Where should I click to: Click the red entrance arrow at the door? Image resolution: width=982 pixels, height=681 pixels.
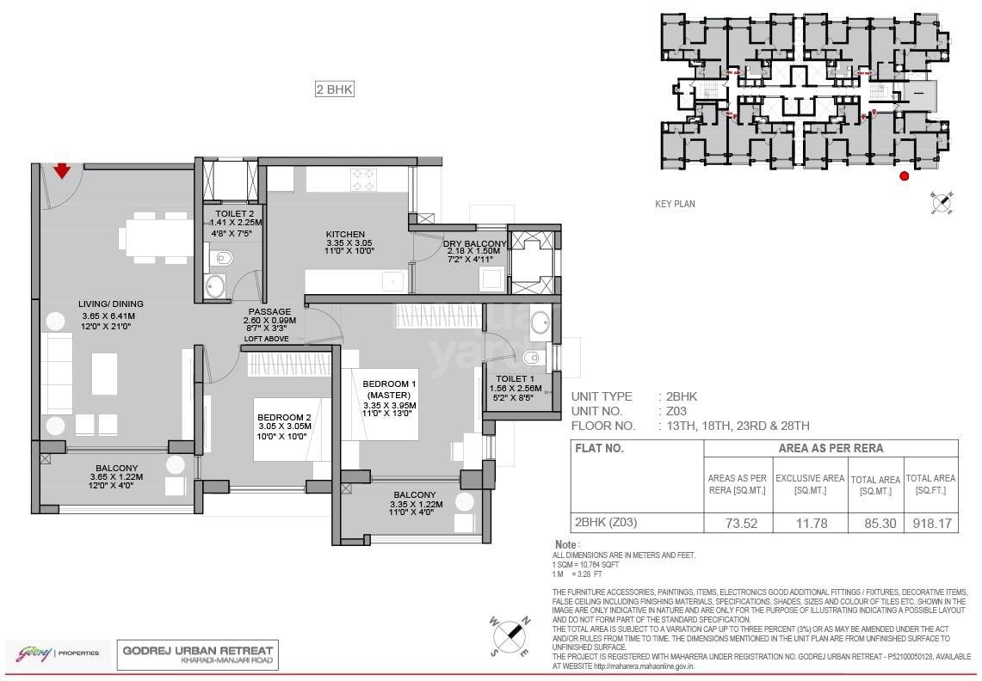(x=62, y=171)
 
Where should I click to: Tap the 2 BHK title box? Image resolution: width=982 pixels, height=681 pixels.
(x=335, y=89)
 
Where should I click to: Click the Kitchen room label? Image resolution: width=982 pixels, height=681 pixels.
(x=345, y=234)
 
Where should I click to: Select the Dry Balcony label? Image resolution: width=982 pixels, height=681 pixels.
(x=474, y=243)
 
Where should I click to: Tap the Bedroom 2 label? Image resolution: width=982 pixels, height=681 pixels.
(x=282, y=418)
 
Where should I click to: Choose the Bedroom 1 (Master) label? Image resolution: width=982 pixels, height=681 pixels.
(x=389, y=389)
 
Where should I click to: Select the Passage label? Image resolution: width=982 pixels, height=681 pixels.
(x=269, y=311)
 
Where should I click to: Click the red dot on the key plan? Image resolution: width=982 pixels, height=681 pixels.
(x=904, y=176)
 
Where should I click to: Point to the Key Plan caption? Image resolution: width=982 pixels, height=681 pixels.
(x=675, y=204)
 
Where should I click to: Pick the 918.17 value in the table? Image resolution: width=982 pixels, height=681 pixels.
(x=930, y=522)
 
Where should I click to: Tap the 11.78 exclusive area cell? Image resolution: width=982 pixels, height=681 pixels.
(x=809, y=522)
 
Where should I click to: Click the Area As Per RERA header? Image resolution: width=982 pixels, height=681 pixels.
(x=830, y=448)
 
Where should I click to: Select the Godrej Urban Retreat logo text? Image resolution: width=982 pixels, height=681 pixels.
(x=198, y=651)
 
